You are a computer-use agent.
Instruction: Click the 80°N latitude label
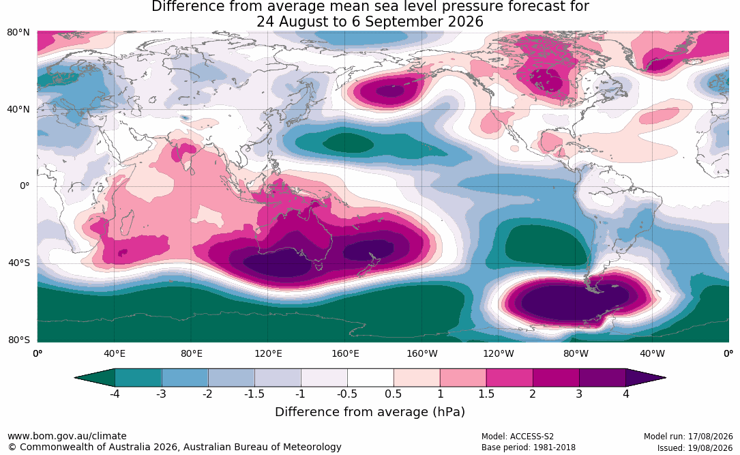pyautogui.click(x=18, y=33)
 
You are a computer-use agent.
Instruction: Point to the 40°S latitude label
pyautogui.click(x=19, y=263)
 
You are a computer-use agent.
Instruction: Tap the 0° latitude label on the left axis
pyautogui.click(x=25, y=186)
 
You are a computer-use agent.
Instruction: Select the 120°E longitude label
pyautogui.click(x=269, y=353)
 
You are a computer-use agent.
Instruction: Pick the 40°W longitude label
pyautogui.click(x=652, y=353)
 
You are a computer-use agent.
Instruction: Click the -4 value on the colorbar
pyautogui.click(x=114, y=394)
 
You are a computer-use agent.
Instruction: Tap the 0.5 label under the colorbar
pyautogui.click(x=393, y=394)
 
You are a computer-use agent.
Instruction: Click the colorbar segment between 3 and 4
pyautogui.click(x=602, y=378)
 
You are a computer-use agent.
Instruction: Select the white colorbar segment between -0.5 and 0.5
pyautogui.click(x=370, y=378)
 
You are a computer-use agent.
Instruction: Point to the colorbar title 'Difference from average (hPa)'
pyautogui.click(x=370, y=412)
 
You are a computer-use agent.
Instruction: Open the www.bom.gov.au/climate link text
pyautogui.click(x=67, y=436)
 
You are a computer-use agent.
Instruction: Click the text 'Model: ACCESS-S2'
pyautogui.click(x=518, y=437)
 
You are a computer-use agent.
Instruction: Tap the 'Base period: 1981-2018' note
pyautogui.click(x=529, y=447)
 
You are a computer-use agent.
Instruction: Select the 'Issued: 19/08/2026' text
pyautogui.click(x=695, y=447)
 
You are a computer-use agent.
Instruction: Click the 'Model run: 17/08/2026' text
pyautogui.click(x=688, y=437)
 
